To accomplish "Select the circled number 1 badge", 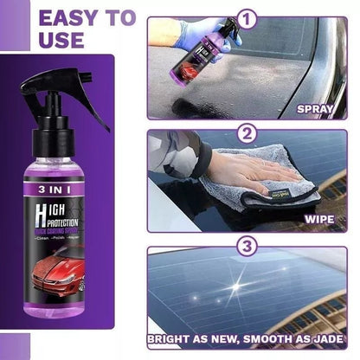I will click(247, 16).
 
